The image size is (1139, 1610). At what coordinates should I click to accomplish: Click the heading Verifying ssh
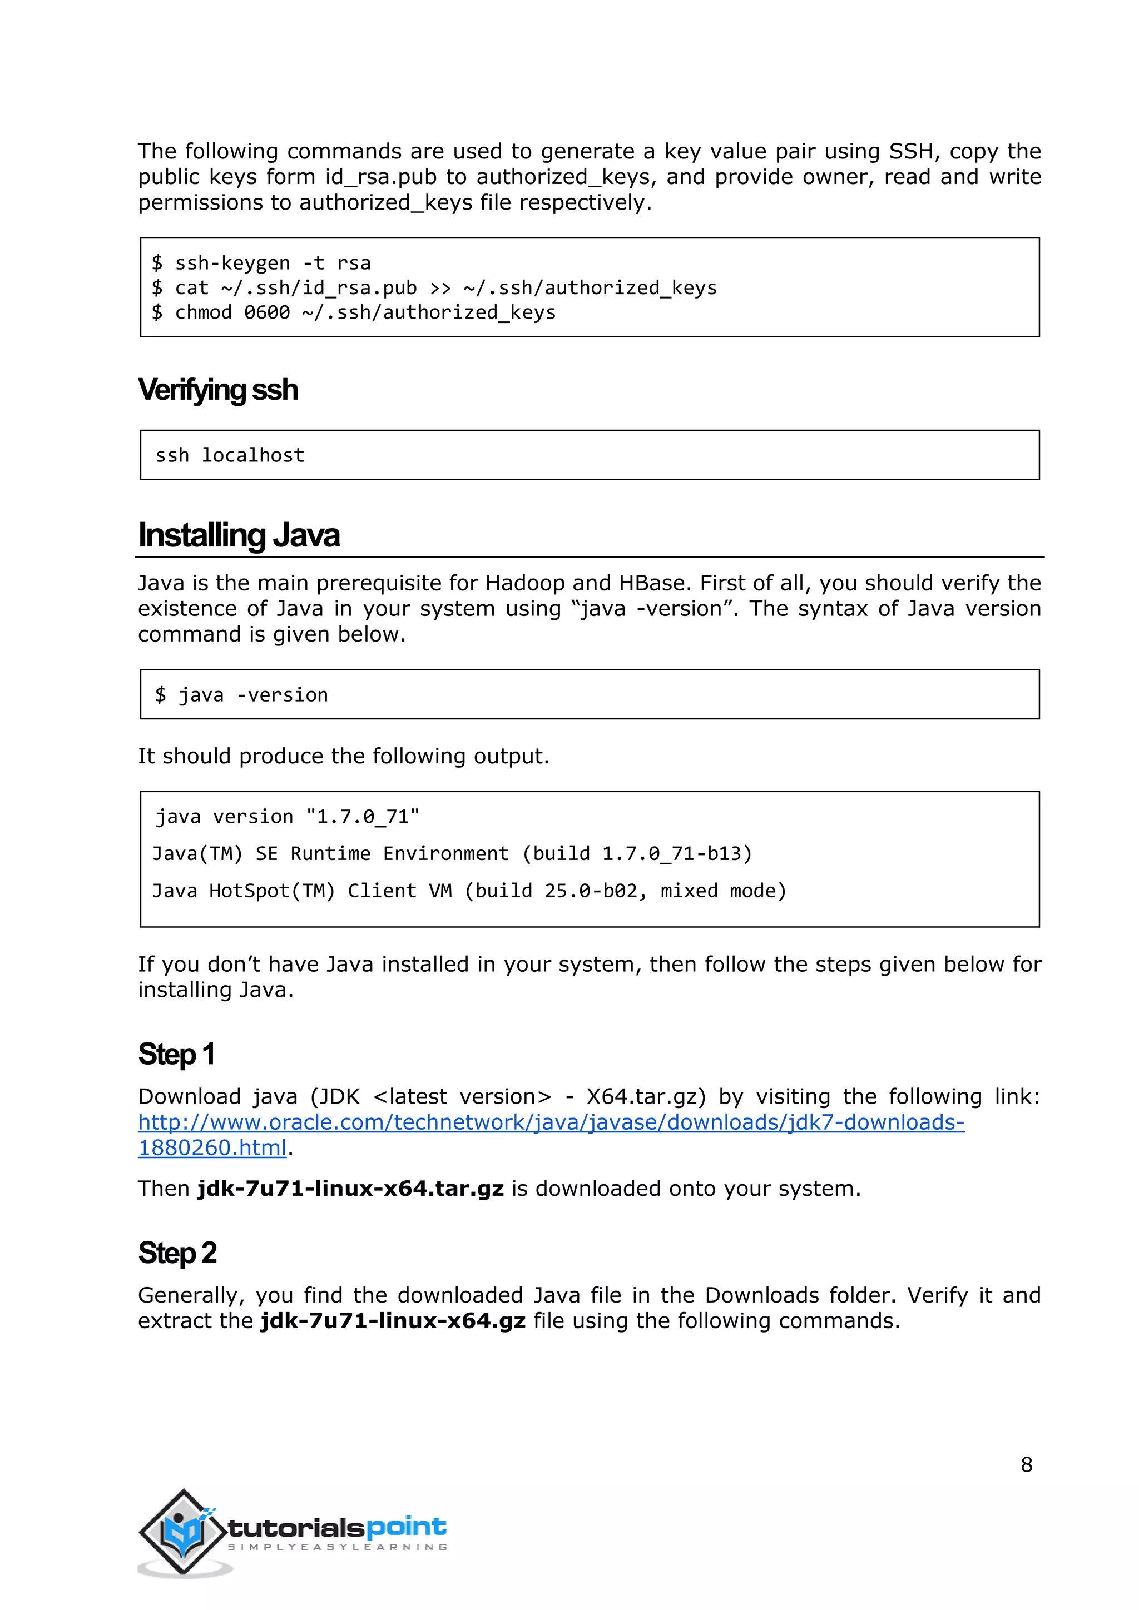click(x=217, y=390)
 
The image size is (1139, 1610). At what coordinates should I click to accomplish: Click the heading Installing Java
click(x=239, y=535)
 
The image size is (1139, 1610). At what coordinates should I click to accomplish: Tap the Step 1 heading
click(x=176, y=1054)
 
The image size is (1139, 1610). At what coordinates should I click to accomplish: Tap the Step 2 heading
click(x=177, y=1253)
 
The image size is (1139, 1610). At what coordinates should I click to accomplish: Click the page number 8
click(x=1026, y=1465)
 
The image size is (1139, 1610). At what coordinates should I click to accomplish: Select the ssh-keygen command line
click(x=261, y=263)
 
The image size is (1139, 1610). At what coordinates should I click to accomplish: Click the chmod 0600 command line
click(x=354, y=313)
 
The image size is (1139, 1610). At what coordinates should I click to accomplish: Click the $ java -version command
click(x=241, y=695)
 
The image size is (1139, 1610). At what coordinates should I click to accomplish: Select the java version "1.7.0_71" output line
click(x=286, y=817)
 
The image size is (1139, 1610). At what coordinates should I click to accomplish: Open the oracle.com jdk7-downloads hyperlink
click(x=551, y=1122)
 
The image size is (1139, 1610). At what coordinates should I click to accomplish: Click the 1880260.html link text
click(x=212, y=1148)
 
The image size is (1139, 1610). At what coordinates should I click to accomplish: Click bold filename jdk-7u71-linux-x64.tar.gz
click(x=350, y=1189)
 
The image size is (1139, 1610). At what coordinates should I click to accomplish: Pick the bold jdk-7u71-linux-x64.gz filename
click(x=393, y=1321)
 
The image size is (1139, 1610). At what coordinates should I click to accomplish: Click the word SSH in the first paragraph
click(x=910, y=151)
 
